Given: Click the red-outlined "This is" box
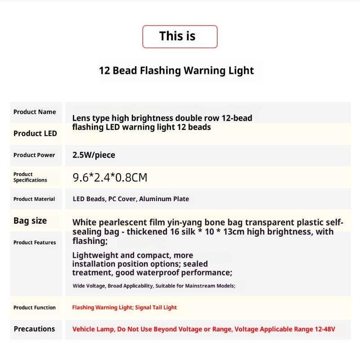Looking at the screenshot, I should point(180,36).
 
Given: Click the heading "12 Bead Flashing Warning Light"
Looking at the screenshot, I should point(176,71).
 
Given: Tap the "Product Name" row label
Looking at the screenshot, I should point(35,112).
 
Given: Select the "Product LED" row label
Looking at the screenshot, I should point(35,133).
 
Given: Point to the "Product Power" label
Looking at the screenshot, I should point(34,155).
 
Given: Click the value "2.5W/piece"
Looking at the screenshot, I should point(94,155).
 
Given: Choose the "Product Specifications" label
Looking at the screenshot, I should point(30,177).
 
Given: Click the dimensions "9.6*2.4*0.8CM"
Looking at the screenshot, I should point(110,178).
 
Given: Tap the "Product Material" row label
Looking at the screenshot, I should point(34,199).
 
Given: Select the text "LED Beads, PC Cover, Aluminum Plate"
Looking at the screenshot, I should point(130,199).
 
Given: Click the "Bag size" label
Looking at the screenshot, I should point(30,220).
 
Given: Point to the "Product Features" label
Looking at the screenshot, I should point(35,243).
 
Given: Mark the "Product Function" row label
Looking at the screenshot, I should point(35,308).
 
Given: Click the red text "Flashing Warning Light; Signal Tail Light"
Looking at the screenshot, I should point(124,308).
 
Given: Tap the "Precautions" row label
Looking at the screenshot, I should point(34,329).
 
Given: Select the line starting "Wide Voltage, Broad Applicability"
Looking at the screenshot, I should point(154,286).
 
